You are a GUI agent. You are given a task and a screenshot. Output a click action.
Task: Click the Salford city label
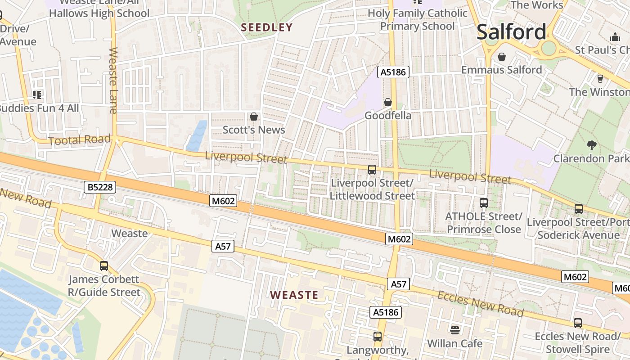coord(511,32)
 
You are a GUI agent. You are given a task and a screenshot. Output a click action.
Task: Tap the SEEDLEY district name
coord(267,27)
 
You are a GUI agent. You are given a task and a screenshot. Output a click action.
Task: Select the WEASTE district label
coord(294,295)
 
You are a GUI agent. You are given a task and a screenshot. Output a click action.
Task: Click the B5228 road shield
coord(100,187)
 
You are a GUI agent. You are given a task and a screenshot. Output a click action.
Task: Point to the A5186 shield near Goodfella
coord(393,72)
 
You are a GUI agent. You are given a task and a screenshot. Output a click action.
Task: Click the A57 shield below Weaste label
coord(223,246)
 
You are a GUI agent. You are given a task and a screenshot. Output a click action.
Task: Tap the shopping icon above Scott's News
coord(254,117)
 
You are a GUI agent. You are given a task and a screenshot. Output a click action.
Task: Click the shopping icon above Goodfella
coord(387,103)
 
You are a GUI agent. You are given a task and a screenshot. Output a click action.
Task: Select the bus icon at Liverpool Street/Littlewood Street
coord(372,170)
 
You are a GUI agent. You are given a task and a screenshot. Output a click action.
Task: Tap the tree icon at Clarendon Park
coord(591,145)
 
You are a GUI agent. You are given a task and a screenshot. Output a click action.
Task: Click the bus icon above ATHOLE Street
coord(484,203)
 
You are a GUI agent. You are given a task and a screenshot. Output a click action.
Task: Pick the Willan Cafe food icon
coord(455,330)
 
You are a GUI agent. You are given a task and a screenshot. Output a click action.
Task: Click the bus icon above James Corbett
coord(104,266)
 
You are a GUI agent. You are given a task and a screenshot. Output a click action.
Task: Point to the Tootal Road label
coord(79,140)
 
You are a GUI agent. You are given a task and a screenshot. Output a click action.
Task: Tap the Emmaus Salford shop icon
coord(501,57)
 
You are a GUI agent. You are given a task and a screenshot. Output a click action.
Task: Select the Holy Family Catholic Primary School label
coord(418,20)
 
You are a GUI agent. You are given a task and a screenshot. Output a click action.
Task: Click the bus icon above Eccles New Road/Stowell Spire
coord(577,323)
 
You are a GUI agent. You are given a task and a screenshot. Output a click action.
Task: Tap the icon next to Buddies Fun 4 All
coord(37,94)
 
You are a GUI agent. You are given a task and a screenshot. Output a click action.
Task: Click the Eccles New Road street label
coord(481,304)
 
